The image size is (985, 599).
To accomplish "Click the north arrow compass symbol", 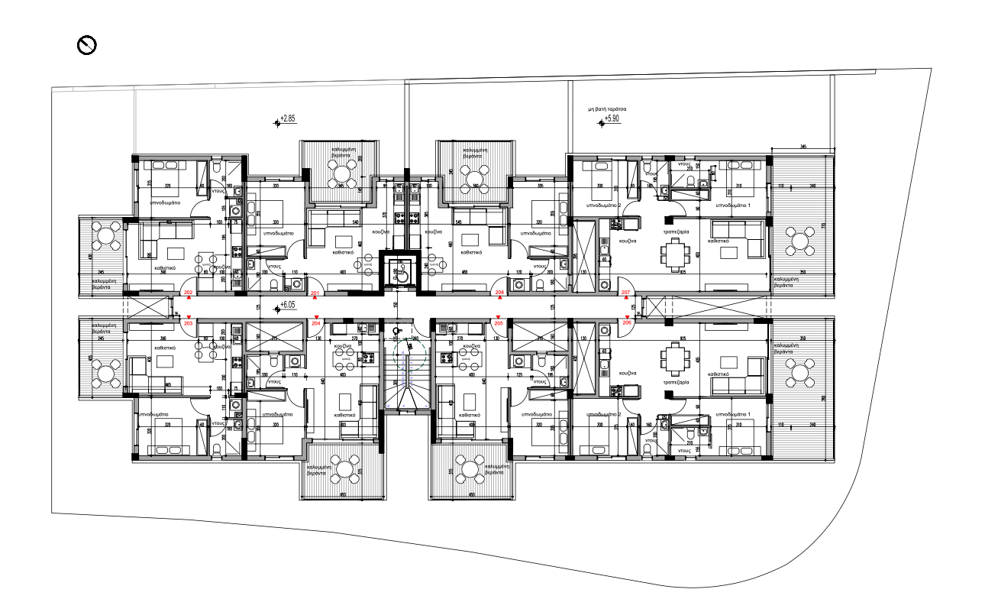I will (x=87, y=46).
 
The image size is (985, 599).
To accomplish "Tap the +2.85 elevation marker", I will (x=285, y=119).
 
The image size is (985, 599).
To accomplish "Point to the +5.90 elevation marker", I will (x=613, y=119).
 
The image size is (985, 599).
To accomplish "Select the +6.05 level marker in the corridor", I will (x=286, y=305).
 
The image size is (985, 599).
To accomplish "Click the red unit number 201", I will (x=315, y=293).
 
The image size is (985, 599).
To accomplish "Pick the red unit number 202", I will (x=189, y=293).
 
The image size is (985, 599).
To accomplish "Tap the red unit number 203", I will (x=189, y=323).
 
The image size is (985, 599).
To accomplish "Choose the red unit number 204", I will (x=316, y=323).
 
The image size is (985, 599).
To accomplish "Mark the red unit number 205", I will (x=499, y=323).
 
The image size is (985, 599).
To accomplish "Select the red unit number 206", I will (x=628, y=323).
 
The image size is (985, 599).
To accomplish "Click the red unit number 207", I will (x=626, y=293).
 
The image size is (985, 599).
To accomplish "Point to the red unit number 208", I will (x=499, y=293).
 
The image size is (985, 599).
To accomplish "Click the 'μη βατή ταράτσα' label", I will (x=607, y=110).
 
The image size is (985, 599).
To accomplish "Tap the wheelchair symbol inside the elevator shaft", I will (x=399, y=270).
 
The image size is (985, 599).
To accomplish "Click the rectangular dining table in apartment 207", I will (x=675, y=254).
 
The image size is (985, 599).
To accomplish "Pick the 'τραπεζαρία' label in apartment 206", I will (x=676, y=381).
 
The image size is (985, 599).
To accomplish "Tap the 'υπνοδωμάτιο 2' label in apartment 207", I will (x=602, y=206).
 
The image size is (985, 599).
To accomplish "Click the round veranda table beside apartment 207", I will (x=800, y=244).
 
